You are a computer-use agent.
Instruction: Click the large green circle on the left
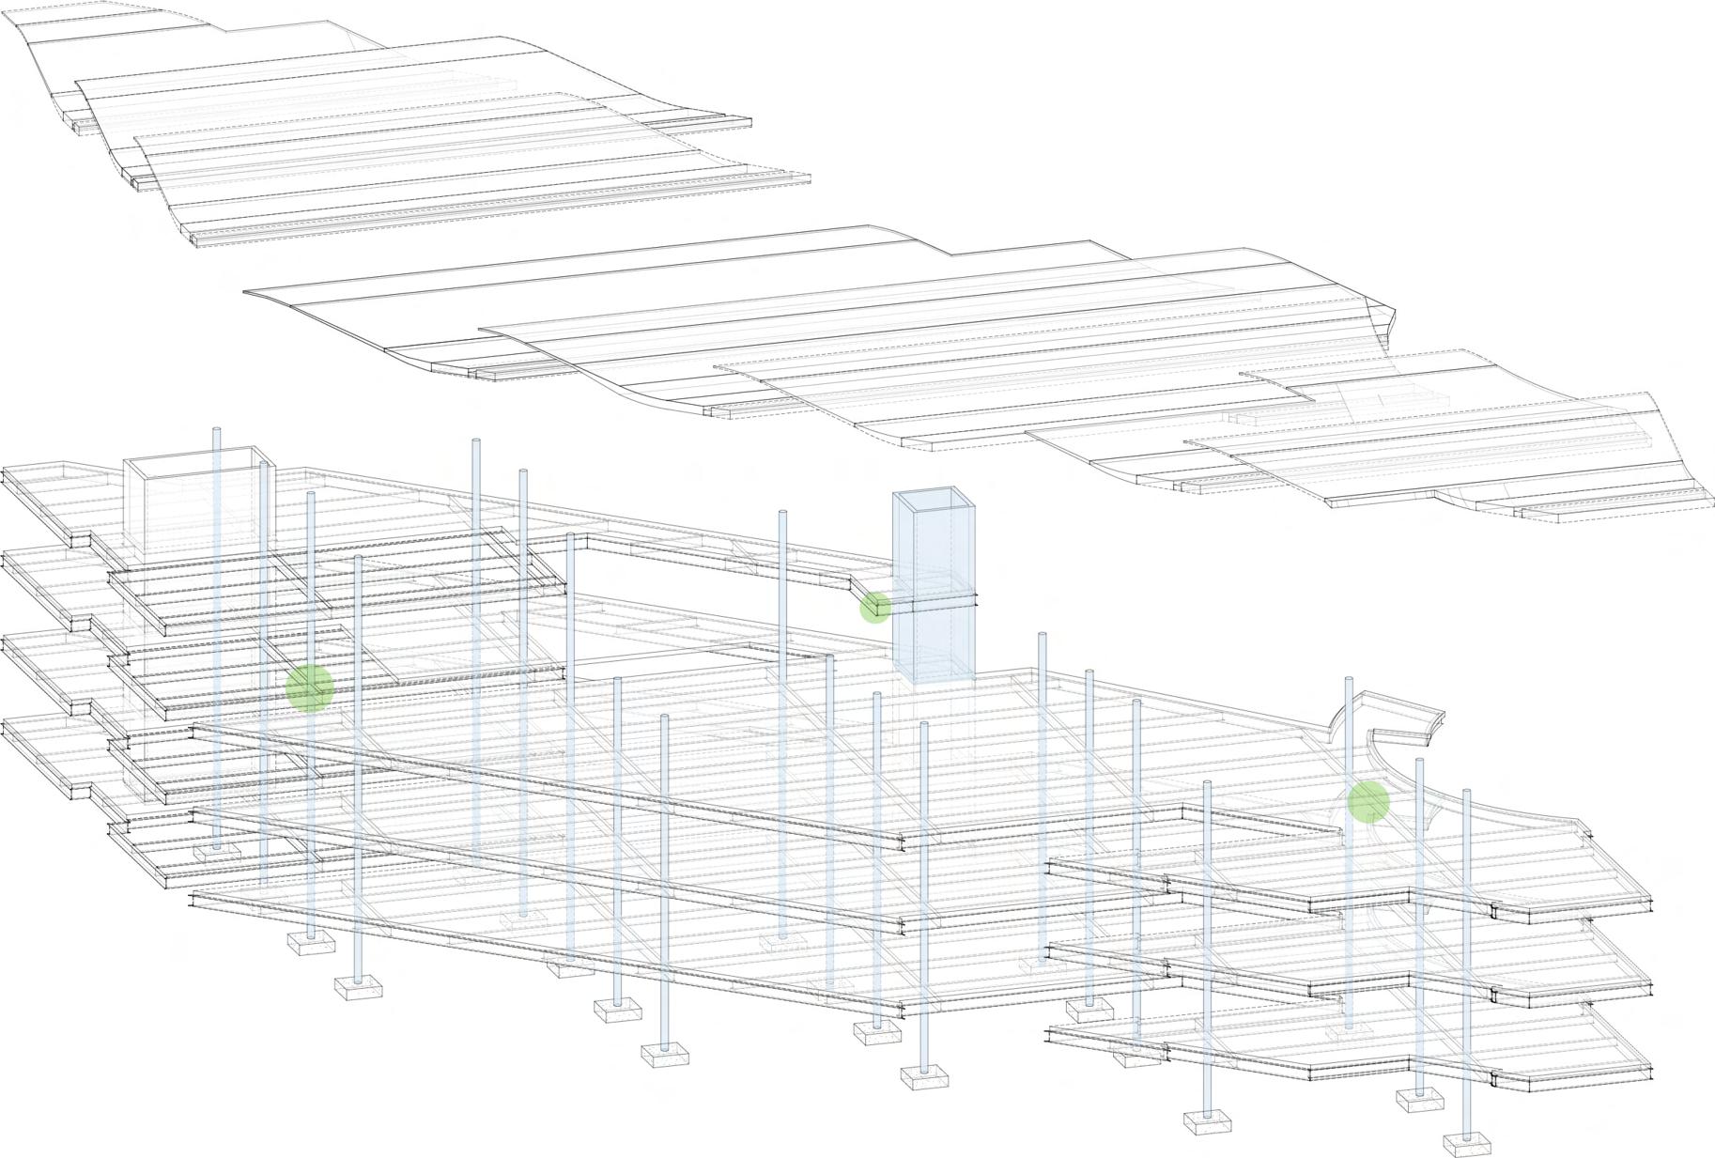point(310,687)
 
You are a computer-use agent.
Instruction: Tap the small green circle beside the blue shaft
point(875,608)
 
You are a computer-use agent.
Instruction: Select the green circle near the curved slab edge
point(1368,801)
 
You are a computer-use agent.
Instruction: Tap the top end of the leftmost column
point(216,431)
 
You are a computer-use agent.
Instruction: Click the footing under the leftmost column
point(217,852)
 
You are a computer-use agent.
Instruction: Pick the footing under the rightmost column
point(1466,1144)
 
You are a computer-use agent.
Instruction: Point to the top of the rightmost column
point(1466,793)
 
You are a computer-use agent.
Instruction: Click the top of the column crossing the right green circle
point(1350,680)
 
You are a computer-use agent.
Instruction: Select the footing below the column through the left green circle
point(311,942)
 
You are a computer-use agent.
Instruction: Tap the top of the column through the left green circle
point(311,493)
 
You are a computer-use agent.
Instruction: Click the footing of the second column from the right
point(1419,1100)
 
